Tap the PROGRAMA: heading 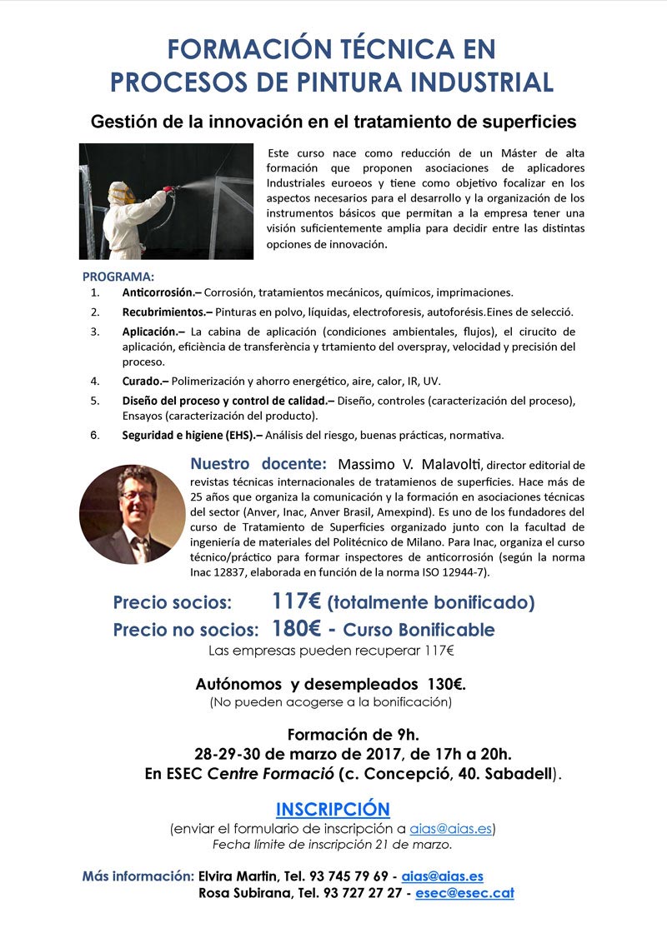[118, 277]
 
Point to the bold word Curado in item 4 [143, 381]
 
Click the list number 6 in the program [95, 434]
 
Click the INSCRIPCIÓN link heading [333, 809]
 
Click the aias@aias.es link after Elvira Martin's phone [442, 876]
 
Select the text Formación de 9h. [353, 735]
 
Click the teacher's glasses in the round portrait [138, 496]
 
